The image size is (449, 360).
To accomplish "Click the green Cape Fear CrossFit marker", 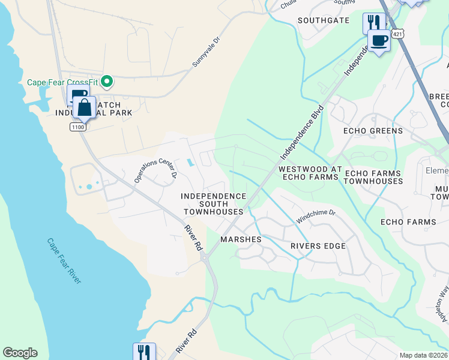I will pos(107,81).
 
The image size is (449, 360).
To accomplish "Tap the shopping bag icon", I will pos(85,109).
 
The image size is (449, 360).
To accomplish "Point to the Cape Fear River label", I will pos(64,261).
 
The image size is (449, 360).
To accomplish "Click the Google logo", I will pos(20,353).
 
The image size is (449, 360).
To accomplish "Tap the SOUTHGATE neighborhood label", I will pos(324,20).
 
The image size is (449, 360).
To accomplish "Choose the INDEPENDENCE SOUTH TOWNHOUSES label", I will pos(214,204).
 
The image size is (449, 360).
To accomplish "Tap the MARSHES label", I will pos(241,239).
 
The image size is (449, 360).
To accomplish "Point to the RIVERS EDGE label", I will pos(318,246).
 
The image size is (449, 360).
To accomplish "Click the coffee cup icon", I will pos(379,41).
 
